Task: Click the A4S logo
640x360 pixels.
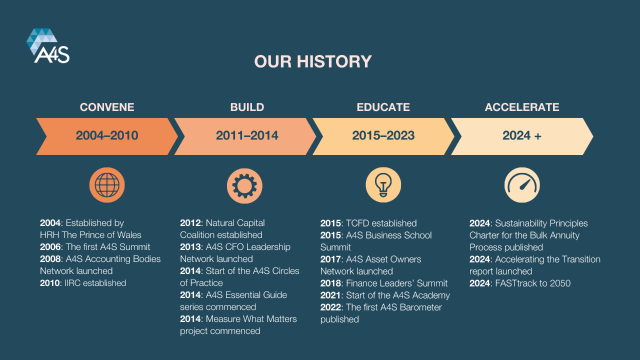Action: (48, 45)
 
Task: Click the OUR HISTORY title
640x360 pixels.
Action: (313, 61)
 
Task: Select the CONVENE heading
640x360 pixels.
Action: (107, 107)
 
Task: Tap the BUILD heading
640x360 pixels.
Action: (247, 107)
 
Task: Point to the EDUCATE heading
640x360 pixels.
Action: (383, 107)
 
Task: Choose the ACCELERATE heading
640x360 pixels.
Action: (522, 107)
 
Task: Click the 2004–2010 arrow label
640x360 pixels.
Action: (107, 135)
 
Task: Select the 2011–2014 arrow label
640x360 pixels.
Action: (247, 135)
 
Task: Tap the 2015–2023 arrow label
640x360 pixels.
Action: (383, 135)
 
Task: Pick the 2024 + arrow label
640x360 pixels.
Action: (521, 135)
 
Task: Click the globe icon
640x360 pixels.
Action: (107, 185)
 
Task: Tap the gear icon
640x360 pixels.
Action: (244, 185)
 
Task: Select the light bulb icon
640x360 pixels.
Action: (383, 185)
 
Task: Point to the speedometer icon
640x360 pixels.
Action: (522, 185)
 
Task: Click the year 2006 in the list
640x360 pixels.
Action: (50, 247)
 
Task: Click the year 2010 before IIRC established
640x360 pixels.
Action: (50, 283)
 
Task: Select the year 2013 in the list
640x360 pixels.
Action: (190, 247)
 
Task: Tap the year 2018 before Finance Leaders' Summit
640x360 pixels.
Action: (330, 283)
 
